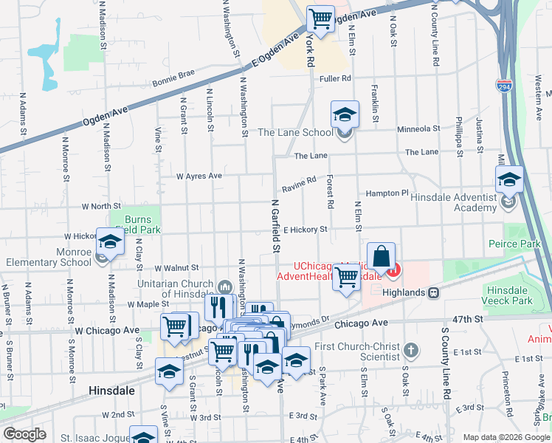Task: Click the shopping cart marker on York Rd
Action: click(x=320, y=18)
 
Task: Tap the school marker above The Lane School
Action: click(x=345, y=115)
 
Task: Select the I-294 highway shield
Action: click(x=505, y=86)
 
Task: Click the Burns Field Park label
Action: click(x=135, y=224)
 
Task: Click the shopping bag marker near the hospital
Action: click(x=381, y=258)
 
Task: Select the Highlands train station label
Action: click(x=405, y=292)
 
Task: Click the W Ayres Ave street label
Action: click(x=199, y=176)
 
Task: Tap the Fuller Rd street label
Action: click(x=335, y=78)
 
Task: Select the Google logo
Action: click(x=24, y=434)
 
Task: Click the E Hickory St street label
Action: click(x=304, y=230)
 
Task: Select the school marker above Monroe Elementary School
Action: click(x=110, y=243)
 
